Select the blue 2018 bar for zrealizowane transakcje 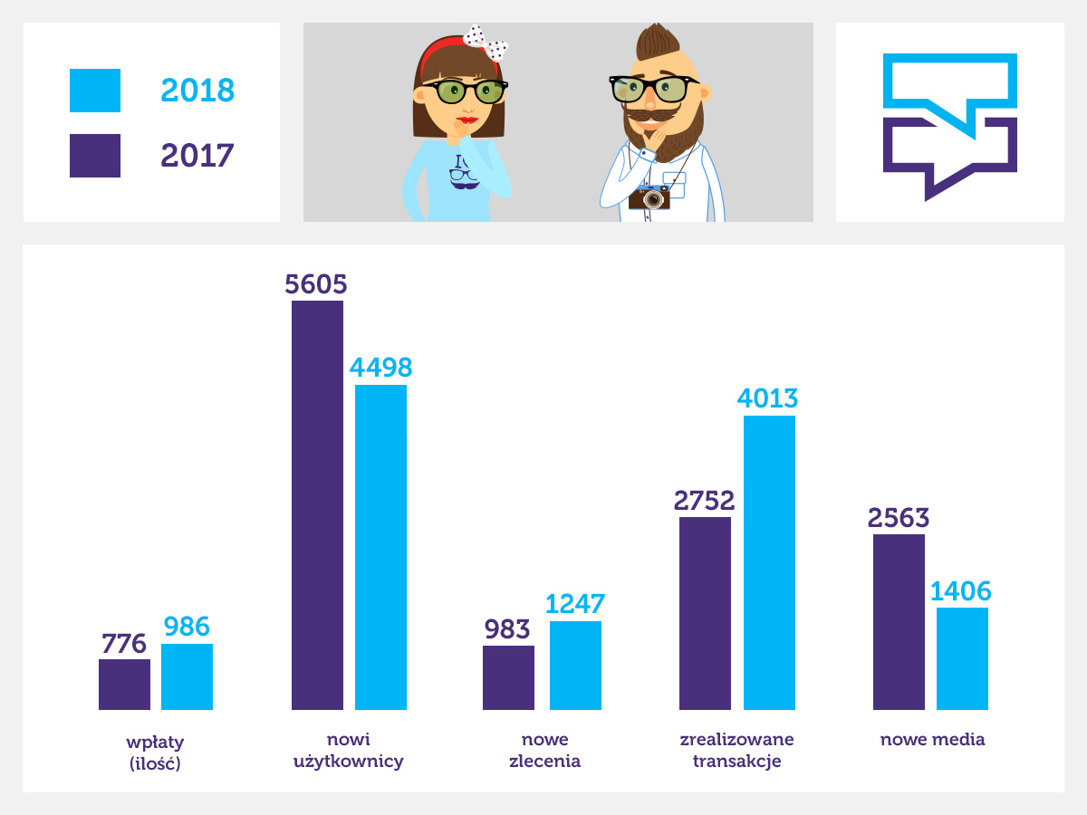click(x=769, y=562)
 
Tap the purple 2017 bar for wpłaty click(x=124, y=685)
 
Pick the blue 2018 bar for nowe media click(x=962, y=658)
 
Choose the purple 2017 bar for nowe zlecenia click(x=508, y=677)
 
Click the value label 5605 click(x=316, y=284)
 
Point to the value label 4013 click(x=768, y=399)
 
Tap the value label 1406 click(x=961, y=591)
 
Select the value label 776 click(x=124, y=644)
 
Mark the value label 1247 click(x=574, y=604)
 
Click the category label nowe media click(x=932, y=740)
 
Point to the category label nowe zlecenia click(x=544, y=751)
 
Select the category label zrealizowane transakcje click(x=736, y=751)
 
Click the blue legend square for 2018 click(x=95, y=91)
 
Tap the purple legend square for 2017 click(x=95, y=156)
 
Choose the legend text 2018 click(x=197, y=91)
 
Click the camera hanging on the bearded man click(x=649, y=197)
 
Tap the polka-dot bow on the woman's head click(x=486, y=42)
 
